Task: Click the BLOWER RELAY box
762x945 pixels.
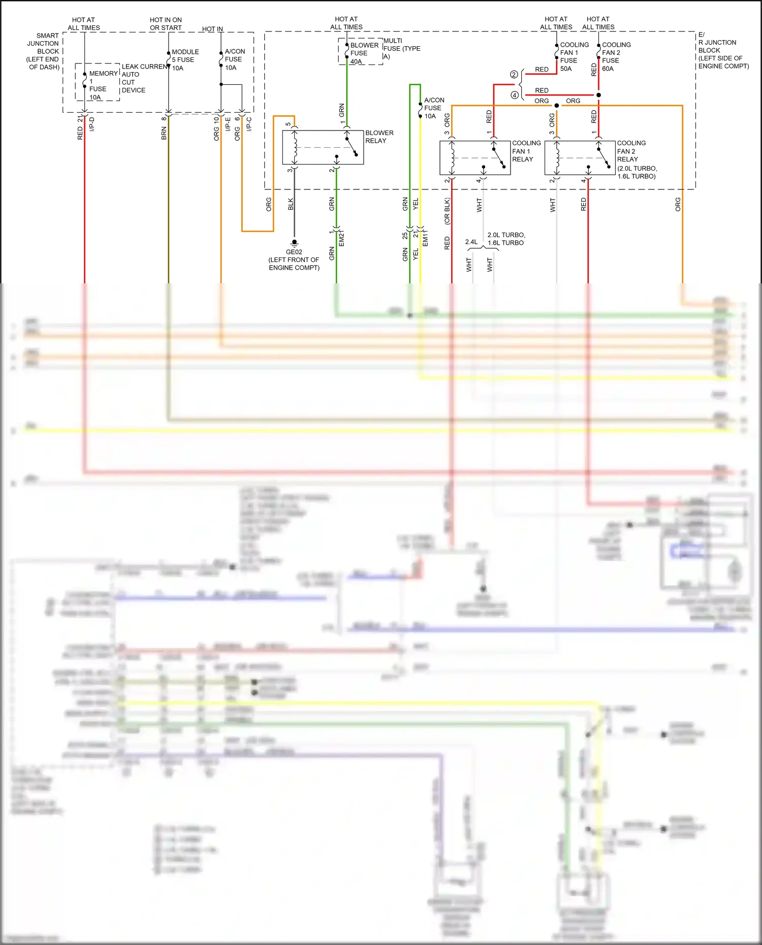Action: pos(323,147)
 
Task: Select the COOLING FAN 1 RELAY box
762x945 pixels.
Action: pos(474,158)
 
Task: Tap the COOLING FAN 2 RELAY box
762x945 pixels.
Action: pos(580,158)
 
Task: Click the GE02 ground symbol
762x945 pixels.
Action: pos(294,243)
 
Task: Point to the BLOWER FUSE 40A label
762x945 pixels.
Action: pos(364,53)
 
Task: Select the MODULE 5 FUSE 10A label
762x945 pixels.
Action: pos(185,60)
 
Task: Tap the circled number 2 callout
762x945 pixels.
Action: pos(514,75)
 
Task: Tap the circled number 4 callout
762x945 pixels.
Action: pos(514,95)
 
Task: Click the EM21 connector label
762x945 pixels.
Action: pos(341,238)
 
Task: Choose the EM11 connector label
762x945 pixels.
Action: pos(425,238)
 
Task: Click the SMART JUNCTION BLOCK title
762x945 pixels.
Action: pos(44,51)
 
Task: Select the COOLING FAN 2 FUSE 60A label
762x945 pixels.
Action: pos(616,56)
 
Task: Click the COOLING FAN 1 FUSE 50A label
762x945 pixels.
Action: pos(574,56)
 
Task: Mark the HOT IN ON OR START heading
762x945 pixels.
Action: pos(166,24)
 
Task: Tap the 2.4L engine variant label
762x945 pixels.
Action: pos(471,242)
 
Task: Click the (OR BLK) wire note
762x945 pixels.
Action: pos(447,211)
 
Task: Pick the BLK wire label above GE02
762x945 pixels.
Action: pos(291,204)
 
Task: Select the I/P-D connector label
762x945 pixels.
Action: pos(92,124)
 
